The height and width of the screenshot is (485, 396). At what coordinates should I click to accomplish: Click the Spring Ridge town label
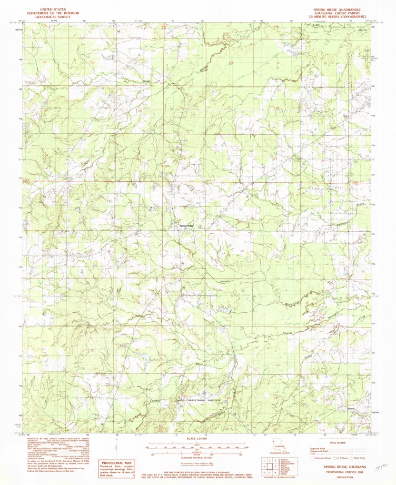[186, 226]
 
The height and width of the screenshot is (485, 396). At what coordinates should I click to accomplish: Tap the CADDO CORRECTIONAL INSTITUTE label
[198, 400]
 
